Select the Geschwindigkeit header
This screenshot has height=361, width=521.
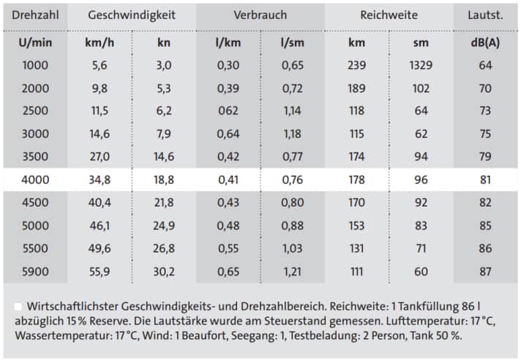click(132, 15)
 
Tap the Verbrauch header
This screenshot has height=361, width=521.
click(260, 15)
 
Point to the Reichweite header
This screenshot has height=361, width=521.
click(389, 15)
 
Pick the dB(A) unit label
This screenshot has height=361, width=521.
click(486, 42)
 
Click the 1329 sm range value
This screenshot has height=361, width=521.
click(421, 65)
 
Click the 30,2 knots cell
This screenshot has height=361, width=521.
click(164, 271)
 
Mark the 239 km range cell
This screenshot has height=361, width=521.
click(356, 65)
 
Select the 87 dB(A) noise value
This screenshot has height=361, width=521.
click(486, 271)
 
